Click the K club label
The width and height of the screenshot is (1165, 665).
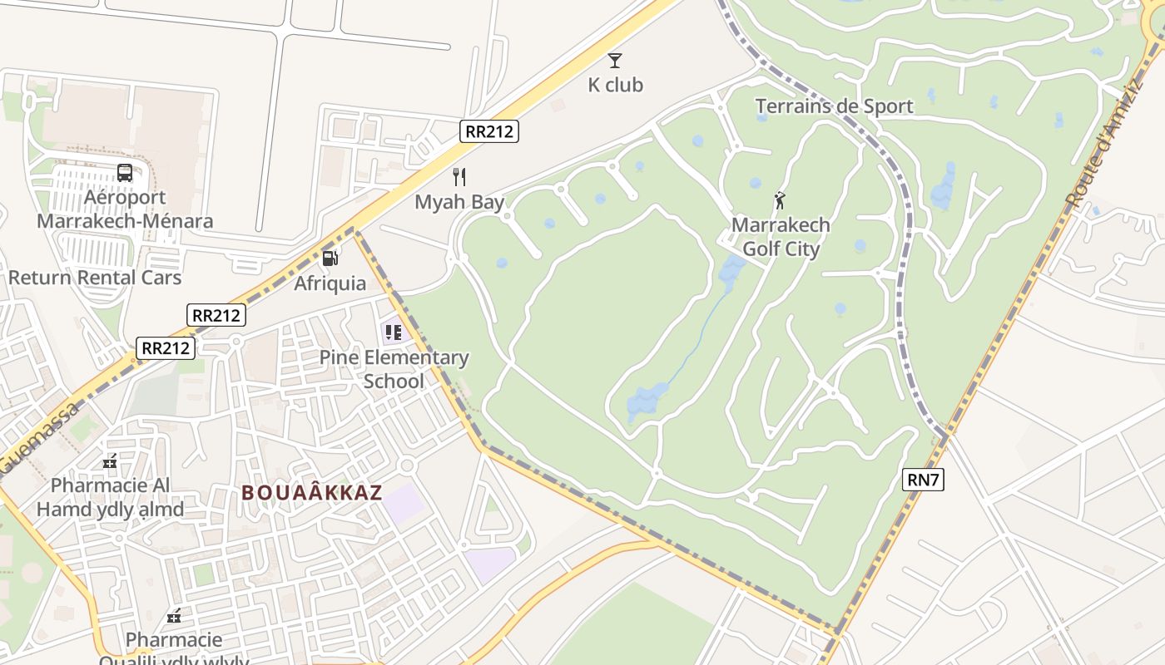[x=615, y=85]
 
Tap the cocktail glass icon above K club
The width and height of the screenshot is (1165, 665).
[x=615, y=60]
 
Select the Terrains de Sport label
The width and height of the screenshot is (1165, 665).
[x=834, y=106]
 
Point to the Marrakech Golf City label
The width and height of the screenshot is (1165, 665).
[x=781, y=237]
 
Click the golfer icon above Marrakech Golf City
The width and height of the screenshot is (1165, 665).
[x=780, y=200]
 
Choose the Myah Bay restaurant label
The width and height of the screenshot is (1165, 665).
[x=459, y=202]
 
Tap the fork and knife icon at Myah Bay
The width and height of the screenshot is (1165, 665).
[x=459, y=176]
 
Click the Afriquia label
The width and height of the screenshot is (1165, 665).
[x=330, y=283]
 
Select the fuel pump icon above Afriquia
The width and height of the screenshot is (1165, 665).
[x=330, y=258]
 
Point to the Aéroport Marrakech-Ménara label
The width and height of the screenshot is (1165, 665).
[x=125, y=209]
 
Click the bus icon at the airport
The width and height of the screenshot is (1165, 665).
[x=125, y=173]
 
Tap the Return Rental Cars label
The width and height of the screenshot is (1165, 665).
[x=95, y=278]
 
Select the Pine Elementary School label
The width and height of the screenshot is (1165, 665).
[x=394, y=369]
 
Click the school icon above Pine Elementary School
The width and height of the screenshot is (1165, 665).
[x=394, y=333]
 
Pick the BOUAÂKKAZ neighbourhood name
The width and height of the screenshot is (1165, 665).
[x=312, y=492]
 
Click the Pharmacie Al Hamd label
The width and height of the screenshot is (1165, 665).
[x=110, y=497]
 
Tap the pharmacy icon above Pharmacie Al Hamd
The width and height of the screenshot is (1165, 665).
[x=110, y=461]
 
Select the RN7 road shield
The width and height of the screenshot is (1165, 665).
[x=923, y=479]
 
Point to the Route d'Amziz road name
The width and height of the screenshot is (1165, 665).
[x=1105, y=145]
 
